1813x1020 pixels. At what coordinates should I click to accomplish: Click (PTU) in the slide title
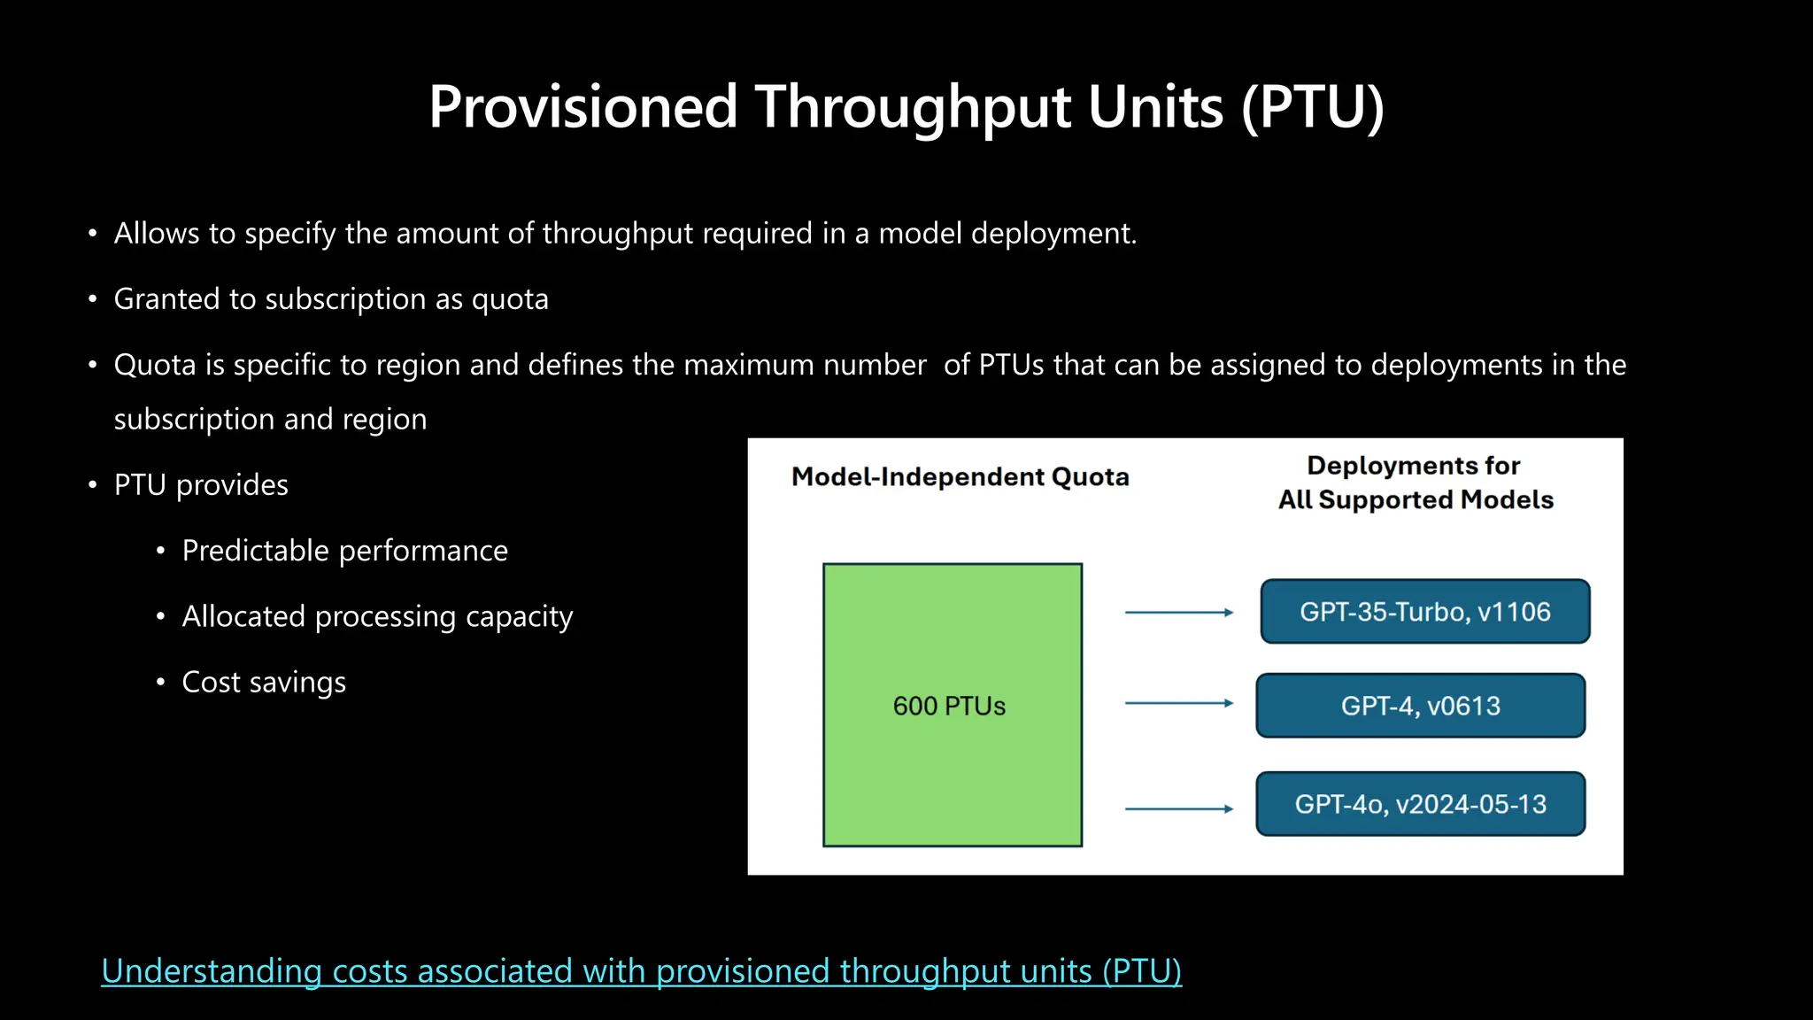point(1312,108)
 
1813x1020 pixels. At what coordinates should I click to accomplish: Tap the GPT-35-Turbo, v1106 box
point(1424,612)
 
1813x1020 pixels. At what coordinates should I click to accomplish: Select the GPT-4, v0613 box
point(1420,706)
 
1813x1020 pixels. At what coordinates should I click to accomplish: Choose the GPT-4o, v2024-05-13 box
point(1420,804)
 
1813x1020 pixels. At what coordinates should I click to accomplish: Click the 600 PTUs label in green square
point(949,706)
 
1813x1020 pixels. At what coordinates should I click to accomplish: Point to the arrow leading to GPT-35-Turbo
point(1178,613)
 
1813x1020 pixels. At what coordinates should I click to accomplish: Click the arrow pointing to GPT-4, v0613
point(1178,703)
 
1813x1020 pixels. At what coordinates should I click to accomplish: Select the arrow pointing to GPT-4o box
point(1178,808)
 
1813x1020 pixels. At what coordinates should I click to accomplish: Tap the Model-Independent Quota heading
point(960,477)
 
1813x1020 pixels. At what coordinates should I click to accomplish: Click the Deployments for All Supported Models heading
point(1415,483)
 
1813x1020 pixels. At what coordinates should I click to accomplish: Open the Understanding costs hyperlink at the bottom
point(641,971)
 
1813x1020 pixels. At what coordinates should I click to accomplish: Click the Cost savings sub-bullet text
point(264,683)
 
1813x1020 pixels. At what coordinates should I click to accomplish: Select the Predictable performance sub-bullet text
point(344,551)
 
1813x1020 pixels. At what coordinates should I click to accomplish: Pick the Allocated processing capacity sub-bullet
point(377,616)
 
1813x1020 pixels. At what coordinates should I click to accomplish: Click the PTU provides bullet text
point(201,485)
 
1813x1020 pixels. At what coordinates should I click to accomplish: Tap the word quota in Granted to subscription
point(510,300)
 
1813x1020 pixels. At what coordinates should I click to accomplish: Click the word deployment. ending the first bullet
point(1053,234)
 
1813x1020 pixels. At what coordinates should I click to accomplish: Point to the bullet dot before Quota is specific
point(92,365)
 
